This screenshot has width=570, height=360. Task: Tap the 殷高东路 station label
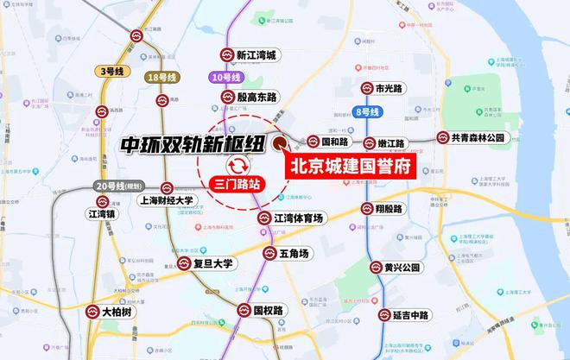265,98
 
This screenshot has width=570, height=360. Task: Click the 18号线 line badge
162,78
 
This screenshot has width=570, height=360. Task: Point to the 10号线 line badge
226,79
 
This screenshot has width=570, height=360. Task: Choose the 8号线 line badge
368,111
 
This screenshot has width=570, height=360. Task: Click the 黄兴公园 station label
402,268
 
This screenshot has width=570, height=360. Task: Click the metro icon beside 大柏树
97,309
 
